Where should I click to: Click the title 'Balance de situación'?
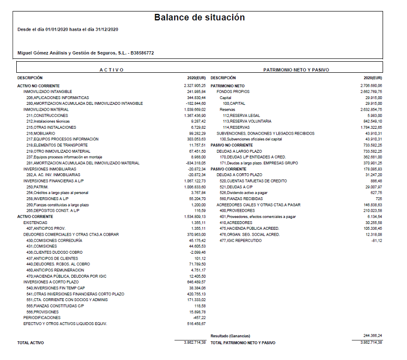pos(199,18)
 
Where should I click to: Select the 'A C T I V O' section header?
pos(112,70)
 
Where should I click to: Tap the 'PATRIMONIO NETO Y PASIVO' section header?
pos(296,70)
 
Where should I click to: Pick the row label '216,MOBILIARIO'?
pos(40,133)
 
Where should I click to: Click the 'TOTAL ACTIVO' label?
pos(31,343)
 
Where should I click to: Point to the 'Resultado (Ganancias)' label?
pos(230,336)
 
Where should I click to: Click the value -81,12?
pos(376,240)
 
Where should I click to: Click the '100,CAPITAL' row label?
pos(234,103)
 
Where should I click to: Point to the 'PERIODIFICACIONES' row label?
pos(42,317)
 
